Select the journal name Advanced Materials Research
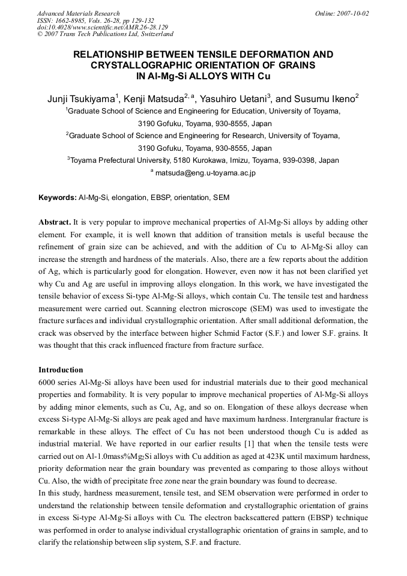[78, 13]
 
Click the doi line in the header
[102, 27]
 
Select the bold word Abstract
[55, 222]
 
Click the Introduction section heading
[61, 369]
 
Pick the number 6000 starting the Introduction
[48, 383]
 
